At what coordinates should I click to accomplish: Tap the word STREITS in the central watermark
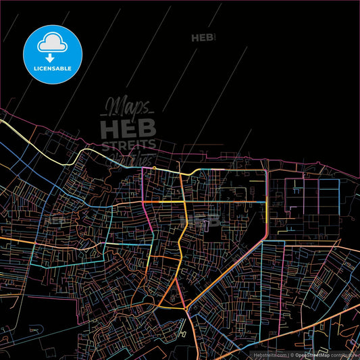click(128, 144)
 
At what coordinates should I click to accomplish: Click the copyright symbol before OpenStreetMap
click(292, 354)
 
